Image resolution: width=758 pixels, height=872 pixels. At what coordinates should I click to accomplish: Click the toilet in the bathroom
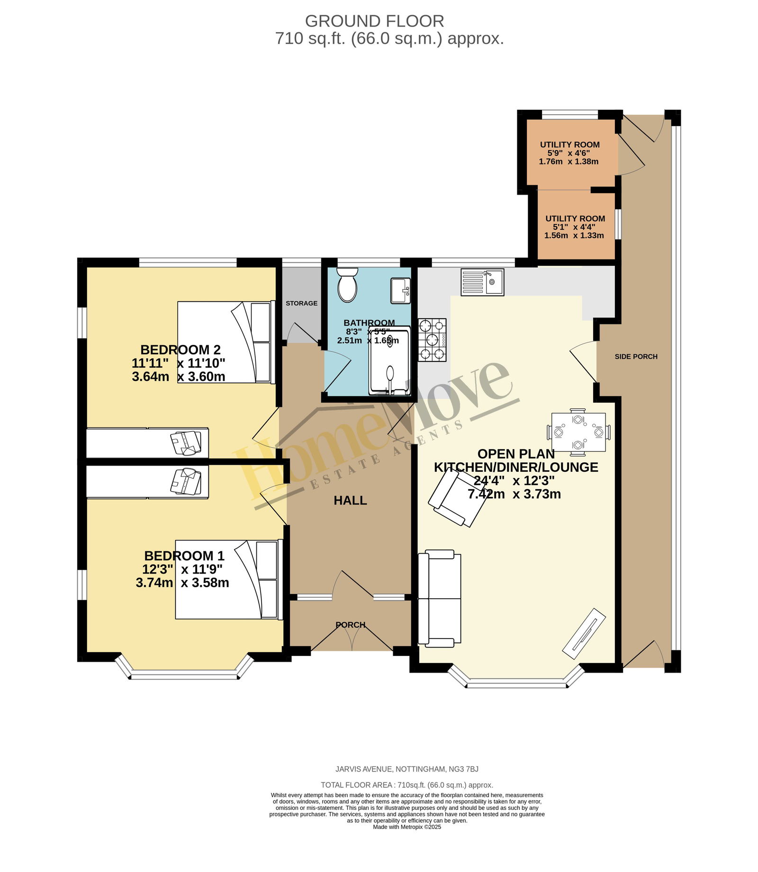(x=347, y=284)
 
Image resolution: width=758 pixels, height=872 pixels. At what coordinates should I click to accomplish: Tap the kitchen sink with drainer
(x=482, y=282)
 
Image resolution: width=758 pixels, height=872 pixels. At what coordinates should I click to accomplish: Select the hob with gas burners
(x=432, y=340)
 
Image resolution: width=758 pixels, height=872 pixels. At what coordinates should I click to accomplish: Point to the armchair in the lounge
(x=458, y=499)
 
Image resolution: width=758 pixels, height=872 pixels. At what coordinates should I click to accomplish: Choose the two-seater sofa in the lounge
(x=439, y=598)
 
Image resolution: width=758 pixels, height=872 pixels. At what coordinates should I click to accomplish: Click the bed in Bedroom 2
(x=226, y=342)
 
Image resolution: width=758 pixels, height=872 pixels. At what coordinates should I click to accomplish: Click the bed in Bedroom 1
(x=229, y=579)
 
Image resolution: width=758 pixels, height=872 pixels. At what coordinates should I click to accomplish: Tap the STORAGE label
(x=302, y=303)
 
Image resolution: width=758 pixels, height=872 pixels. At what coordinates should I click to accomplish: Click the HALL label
(x=350, y=500)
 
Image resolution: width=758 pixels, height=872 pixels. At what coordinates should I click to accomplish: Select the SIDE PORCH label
(x=636, y=356)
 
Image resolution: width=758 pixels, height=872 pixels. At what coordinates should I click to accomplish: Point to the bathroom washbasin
(x=400, y=290)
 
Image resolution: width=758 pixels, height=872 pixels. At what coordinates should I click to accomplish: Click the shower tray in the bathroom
(x=389, y=360)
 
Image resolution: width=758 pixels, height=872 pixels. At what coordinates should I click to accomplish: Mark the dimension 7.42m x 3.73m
(x=514, y=494)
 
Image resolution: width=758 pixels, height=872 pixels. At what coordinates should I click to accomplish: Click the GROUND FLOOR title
(x=374, y=21)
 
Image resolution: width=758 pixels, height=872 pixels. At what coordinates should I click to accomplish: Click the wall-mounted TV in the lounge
(x=584, y=633)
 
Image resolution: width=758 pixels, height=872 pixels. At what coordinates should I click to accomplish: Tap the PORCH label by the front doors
(x=351, y=625)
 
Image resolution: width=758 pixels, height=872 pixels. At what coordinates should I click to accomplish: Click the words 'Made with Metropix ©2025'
(x=407, y=827)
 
